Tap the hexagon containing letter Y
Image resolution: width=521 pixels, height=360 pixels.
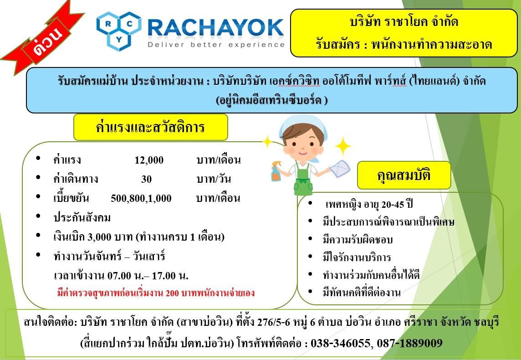click(x=119, y=40)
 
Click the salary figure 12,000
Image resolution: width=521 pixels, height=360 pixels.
click(x=149, y=160)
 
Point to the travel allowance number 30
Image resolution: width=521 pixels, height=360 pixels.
click(x=146, y=179)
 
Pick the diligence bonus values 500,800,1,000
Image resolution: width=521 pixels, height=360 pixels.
click(x=141, y=198)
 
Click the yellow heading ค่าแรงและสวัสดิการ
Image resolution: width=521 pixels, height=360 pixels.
click(x=151, y=127)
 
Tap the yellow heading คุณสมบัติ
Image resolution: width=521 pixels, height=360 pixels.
click(x=404, y=175)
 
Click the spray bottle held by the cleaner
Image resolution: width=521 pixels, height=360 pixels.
click(x=276, y=171)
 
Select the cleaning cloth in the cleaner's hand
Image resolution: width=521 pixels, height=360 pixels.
click(x=340, y=168)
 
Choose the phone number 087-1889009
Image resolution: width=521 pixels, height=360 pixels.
click(x=410, y=343)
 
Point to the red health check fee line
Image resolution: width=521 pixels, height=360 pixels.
click(x=156, y=293)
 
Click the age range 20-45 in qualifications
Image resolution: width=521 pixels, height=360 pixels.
click(x=393, y=205)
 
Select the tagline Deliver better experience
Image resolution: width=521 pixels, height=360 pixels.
click(x=216, y=45)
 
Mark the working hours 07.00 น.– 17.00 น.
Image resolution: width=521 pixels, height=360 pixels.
click(x=148, y=276)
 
